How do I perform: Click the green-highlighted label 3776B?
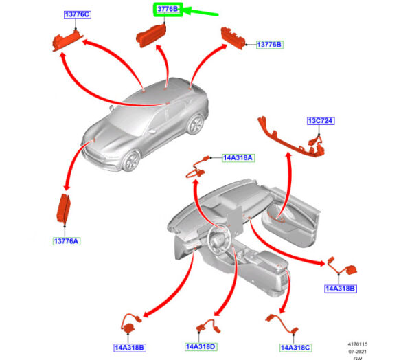tap(168, 10)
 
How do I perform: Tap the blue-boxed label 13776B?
tap(269, 45)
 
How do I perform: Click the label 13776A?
tap(67, 241)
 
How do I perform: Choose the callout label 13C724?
tap(319, 121)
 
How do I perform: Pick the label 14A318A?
tap(238, 157)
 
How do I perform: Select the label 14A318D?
tap(201, 346)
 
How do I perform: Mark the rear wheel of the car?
tap(196, 124)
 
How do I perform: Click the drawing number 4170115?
tap(357, 343)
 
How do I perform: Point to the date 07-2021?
tap(358, 350)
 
